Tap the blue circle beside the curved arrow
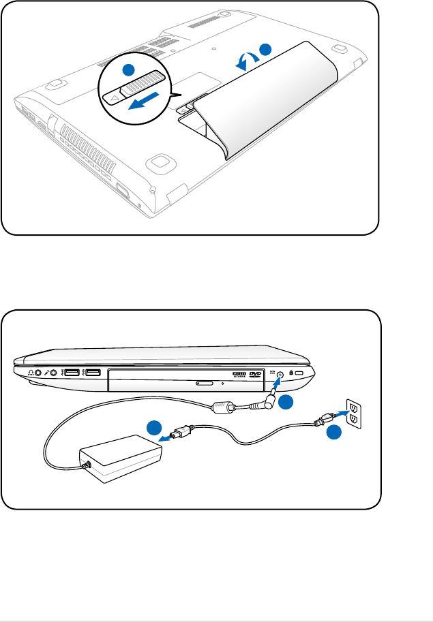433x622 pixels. [265, 49]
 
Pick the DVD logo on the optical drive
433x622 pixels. [256, 374]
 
